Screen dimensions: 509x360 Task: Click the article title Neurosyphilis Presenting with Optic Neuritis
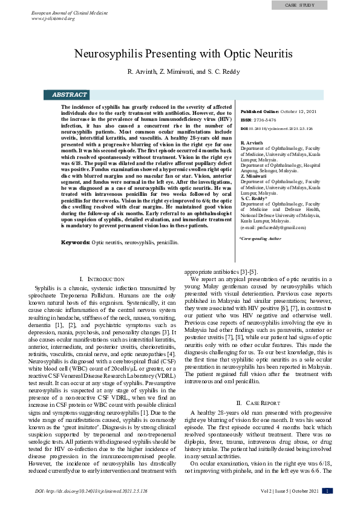click(x=183, y=53)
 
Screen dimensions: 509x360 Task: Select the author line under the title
click(x=183, y=72)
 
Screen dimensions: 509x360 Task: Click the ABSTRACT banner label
click(x=70, y=95)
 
